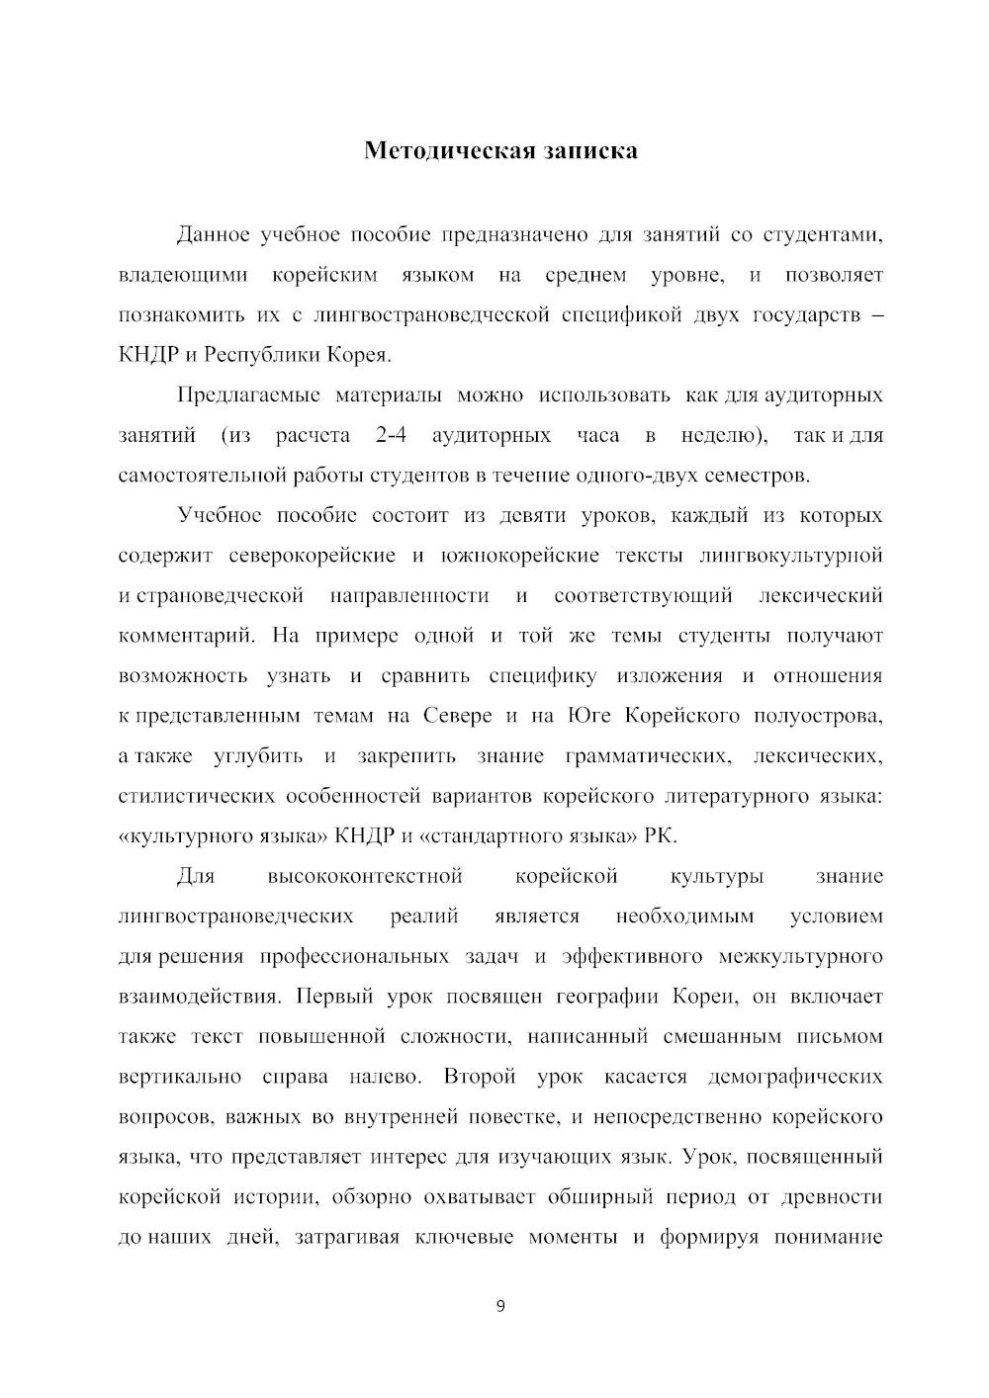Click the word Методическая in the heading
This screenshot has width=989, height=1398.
434,150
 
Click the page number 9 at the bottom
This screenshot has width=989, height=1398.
499,1306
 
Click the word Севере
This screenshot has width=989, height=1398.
457,716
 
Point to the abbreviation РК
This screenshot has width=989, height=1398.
661,836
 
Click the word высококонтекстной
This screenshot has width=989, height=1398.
365,877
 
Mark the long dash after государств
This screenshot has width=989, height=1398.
875,315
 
